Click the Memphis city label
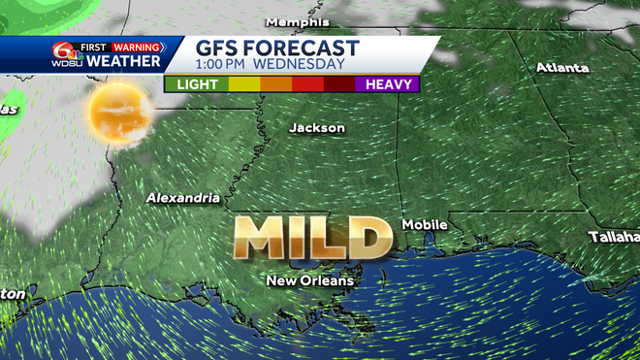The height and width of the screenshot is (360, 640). [298, 21]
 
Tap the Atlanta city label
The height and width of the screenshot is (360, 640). [562, 68]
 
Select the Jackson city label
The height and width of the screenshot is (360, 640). [317, 128]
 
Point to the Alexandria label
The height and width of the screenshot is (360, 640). [182, 198]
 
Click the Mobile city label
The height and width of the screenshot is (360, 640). [425, 224]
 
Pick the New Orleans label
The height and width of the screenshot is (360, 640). [310, 280]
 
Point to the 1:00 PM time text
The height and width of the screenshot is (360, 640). [224, 65]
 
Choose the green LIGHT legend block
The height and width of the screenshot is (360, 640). [197, 84]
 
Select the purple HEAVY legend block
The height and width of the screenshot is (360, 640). [387, 84]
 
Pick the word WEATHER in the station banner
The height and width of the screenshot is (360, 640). [123, 61]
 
